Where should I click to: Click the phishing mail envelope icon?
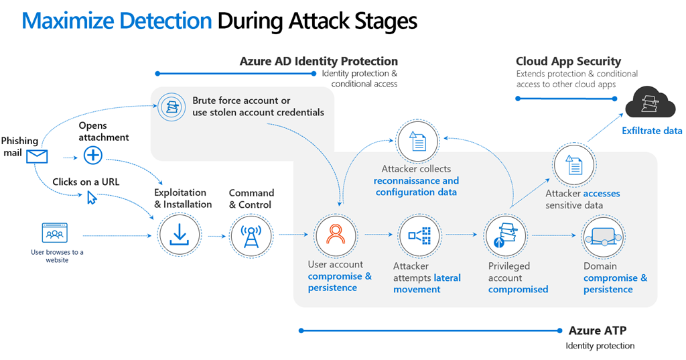coord(38,157)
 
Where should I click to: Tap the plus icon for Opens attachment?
coord(92,156)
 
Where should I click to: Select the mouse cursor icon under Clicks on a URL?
coord(92,197)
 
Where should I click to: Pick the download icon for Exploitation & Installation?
coord(179,235)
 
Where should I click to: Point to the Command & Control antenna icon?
coord(251,235)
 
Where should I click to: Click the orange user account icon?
coord(335,235)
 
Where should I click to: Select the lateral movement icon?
coord(419,235)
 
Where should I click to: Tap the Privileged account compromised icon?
coord(504,235)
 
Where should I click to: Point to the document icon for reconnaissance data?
coord(418,141)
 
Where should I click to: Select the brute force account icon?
coord(171,106)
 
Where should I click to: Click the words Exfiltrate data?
coord(652,131)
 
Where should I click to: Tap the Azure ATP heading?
coord(598,331)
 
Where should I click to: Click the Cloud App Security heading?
coord(568,62)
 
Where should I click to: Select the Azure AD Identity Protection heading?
coord(318,62)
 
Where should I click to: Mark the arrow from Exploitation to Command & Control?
coord(216,236)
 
